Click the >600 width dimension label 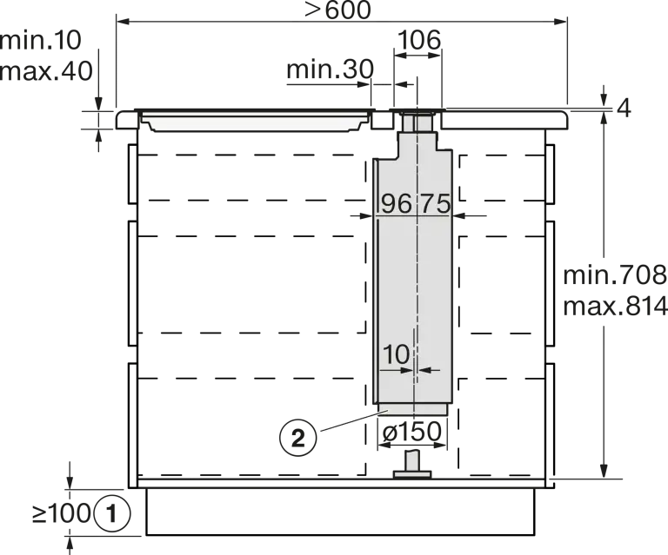point(337,10)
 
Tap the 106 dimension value point(419,40)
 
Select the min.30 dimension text point(331,69)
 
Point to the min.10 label point(41,41)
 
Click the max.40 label point(46,71)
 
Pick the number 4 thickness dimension point(624,109)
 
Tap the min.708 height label point(615,275)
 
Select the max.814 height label point(615,306)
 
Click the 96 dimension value point(397,203)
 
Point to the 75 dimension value point(436,203)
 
